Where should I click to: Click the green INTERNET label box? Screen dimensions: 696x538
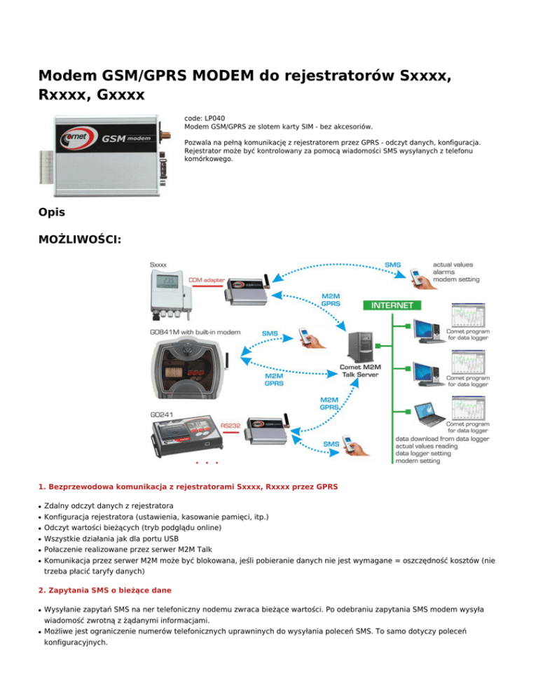click(392, 305)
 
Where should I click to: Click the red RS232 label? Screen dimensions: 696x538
click(231, 424)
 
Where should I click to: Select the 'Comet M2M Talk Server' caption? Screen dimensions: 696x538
click(360, 370)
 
